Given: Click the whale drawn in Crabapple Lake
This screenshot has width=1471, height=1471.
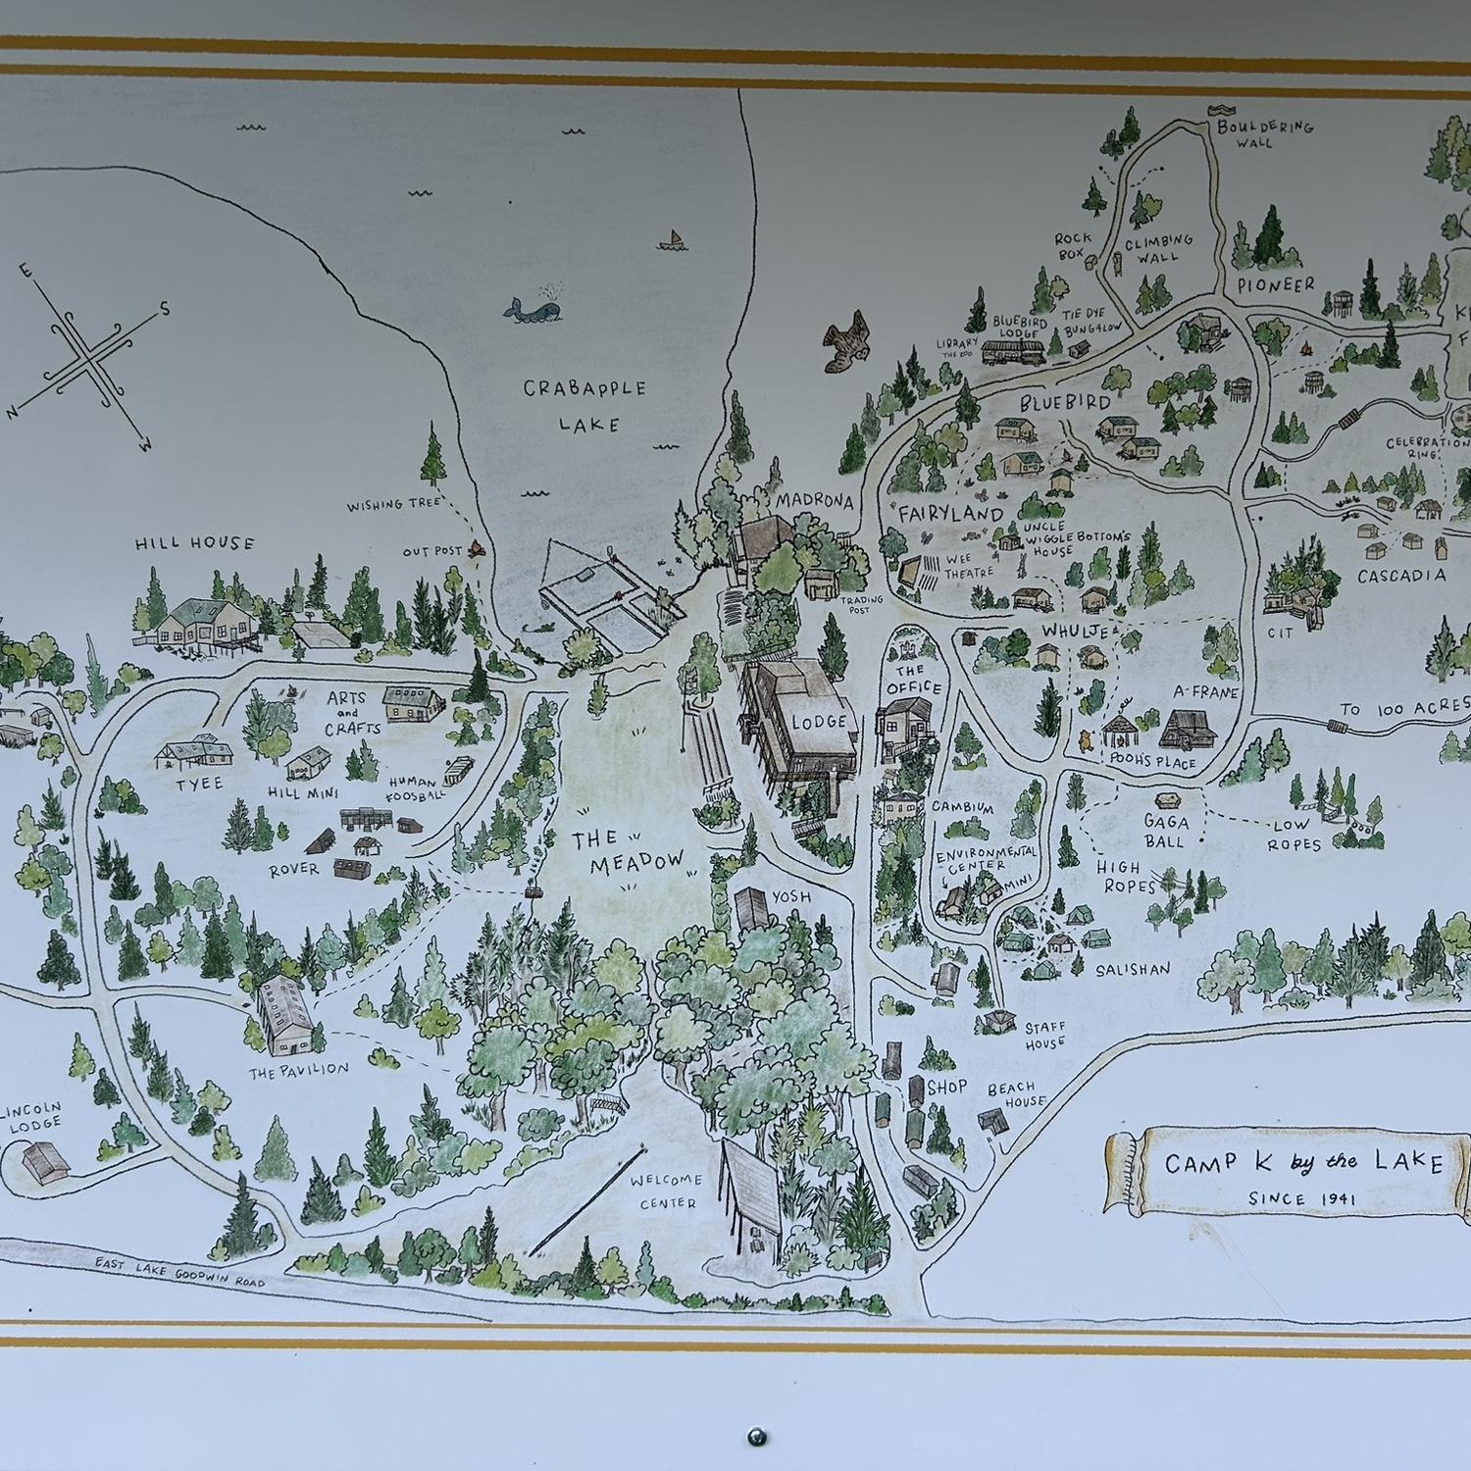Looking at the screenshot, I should [532, 308].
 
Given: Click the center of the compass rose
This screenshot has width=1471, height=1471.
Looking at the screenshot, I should [91, 357].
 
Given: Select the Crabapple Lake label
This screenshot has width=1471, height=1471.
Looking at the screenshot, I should [584, 405].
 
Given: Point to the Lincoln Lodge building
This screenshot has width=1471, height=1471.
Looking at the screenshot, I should [44, 1160].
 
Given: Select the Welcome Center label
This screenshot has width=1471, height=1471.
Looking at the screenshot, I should [664, 1191].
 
